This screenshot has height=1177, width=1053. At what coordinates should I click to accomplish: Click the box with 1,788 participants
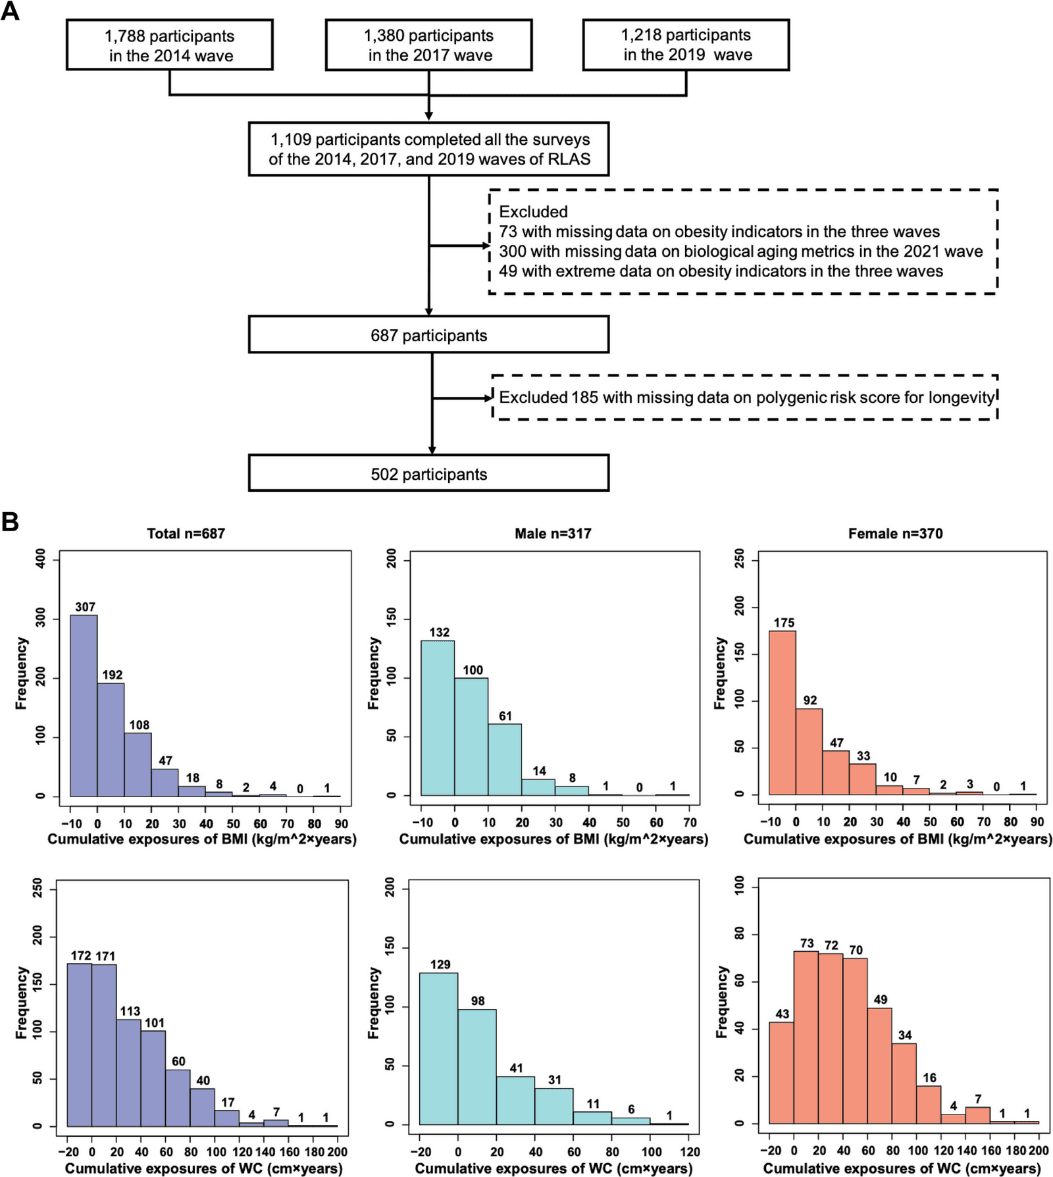coord(169,45)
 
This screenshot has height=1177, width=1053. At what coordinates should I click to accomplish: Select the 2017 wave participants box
coord(428,45)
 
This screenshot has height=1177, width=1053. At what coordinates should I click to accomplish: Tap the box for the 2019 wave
coord(686,45)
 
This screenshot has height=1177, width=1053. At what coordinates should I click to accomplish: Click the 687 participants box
coord(428,334)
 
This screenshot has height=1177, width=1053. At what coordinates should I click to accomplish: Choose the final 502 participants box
coord(428,473)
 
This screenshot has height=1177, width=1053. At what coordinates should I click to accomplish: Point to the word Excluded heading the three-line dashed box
coord(533,212)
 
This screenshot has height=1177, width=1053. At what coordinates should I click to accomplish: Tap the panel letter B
coord(10,522)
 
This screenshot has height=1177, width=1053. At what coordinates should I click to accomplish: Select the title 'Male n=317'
coord(553,534)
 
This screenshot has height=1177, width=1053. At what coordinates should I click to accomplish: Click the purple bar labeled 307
coord(84,706)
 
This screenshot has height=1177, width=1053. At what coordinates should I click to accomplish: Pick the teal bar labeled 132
coord(438,718)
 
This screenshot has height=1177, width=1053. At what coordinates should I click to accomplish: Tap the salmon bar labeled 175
coord(783,713)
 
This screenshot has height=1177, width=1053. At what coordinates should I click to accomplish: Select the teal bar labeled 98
coord(477,1067)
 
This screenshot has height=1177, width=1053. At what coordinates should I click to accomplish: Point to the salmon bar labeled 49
coord(879,1066)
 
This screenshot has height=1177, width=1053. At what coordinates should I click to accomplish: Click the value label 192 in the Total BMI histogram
coord(113,675)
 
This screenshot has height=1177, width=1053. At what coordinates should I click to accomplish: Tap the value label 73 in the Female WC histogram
coord(807,943)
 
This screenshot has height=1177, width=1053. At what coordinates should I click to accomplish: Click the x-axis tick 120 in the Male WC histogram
coord(690,1151)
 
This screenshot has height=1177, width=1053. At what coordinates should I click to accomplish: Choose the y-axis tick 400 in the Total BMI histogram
coord(40,560)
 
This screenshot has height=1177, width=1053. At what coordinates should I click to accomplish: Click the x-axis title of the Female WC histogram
coord(902,1168)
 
